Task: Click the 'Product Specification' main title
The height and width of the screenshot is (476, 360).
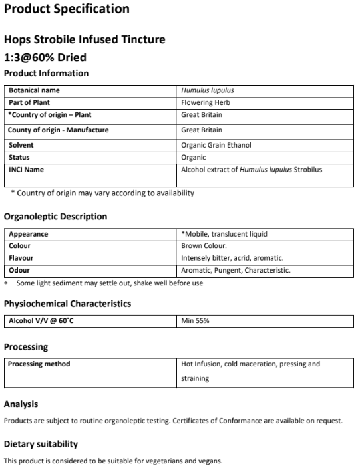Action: coord(67,9)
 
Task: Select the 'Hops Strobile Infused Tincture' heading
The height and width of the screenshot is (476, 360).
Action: coord(85,40)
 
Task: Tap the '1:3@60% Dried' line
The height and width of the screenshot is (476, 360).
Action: coord(45,57)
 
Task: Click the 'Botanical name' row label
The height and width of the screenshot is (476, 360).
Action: coord(34,90)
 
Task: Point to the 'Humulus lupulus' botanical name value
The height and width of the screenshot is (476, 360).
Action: coord(207,90)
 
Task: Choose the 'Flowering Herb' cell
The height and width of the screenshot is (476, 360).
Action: coord(206,103)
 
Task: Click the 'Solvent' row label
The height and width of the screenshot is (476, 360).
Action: coord(21,145)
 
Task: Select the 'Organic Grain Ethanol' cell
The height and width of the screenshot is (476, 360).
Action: coord(216,145)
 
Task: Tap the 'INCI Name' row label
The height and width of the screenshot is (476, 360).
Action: coord(26,170)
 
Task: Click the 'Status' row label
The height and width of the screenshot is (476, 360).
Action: coord(19,158)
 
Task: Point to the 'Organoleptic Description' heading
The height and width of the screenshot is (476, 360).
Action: coord(55,217)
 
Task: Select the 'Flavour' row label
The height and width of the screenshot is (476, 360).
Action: coord(21,258)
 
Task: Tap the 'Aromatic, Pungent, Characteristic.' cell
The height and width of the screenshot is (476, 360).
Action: coord(236,271)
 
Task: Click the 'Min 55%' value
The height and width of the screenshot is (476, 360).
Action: coord(196,321)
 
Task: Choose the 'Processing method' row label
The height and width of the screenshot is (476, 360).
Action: coord(39,364)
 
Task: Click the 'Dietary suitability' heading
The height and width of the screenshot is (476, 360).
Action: coord(41,444)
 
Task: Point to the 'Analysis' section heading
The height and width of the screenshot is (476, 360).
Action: coord(21,404)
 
